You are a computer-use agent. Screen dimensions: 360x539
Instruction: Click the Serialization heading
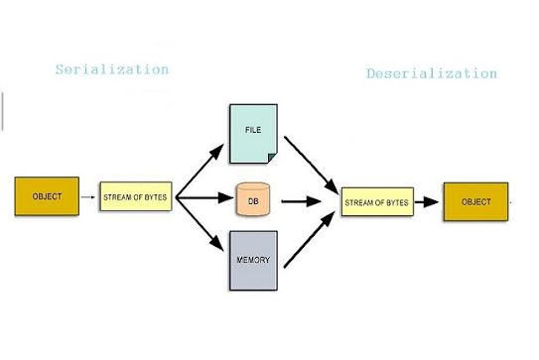(x=111, y=70)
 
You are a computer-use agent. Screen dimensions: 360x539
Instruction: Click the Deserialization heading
(x=431, y=73)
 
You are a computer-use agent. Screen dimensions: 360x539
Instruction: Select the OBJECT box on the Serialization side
(x=47, y=196)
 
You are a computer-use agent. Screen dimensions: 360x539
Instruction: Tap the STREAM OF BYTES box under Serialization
(x=136, y=197)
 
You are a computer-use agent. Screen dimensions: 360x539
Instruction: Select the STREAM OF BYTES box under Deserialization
(x=377, y=202)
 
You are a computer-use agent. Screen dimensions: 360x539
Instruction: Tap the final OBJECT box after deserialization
(x=475, y=201)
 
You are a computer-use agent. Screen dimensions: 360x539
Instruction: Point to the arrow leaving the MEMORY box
(x=310, y=243)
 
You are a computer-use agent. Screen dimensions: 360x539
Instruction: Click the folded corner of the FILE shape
(x=273, y=156)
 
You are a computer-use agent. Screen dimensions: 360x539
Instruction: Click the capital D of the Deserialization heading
(x=371, y=73)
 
